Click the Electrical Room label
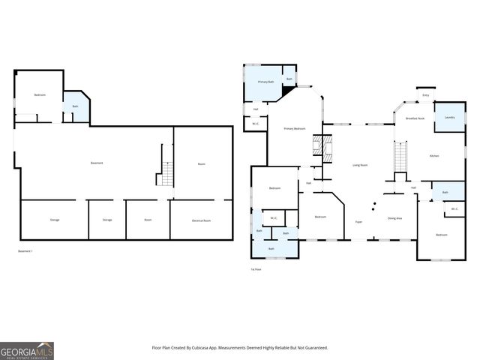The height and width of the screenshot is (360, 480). point(201,220)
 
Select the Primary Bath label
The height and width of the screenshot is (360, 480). point(266,81)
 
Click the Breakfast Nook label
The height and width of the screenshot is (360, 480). point(415,118)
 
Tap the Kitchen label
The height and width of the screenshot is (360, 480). point(433,155)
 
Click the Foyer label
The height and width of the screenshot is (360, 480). point(359,222)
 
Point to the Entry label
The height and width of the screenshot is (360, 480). point(426,95)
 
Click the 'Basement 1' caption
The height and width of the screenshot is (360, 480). point(25,250)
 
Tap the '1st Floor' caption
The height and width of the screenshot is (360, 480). point(256,268)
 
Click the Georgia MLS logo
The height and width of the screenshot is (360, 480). point(27,350)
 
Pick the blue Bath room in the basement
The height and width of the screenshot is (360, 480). point(76,107)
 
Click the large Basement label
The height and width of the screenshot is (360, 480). point(97,163)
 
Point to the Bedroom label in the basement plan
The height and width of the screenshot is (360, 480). point(40,94)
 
